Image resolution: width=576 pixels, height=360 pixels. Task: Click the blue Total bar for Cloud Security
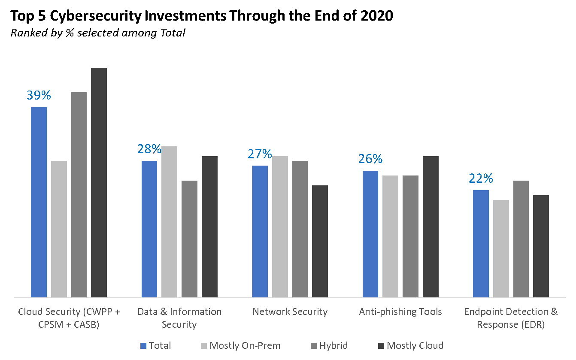[x=39, y=202]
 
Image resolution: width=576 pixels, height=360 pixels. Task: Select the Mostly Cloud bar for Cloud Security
[x=99, y=182]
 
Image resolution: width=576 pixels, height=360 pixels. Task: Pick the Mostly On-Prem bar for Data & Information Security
[x=169, y=221]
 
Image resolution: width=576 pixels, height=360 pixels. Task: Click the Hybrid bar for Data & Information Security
[x=189, y=239]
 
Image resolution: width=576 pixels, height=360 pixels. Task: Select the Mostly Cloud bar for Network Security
[x=320, y=241]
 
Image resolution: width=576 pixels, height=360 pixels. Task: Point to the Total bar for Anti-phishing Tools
[x=370, y=234]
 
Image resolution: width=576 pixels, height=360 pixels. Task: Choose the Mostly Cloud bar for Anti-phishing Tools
[x=430, y=227]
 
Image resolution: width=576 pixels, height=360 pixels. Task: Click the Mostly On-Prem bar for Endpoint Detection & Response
[x=501, y=248]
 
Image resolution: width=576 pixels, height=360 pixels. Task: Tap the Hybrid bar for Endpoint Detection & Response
[x=521, y=239]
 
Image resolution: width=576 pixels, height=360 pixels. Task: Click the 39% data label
[x=39, y=95]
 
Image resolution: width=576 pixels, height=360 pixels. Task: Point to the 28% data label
[x=149, y=149]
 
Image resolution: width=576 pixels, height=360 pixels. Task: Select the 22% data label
[x=481, y=178]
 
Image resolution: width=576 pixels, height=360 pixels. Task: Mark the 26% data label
[x=370, y=159]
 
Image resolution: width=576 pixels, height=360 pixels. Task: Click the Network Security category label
[x=290, y=312]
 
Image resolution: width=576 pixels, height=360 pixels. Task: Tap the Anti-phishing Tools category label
[x=400, y=312]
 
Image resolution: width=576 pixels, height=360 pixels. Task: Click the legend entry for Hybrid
[x=329, y=345]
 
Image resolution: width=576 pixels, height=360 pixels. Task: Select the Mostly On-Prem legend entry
[x=240, y=345]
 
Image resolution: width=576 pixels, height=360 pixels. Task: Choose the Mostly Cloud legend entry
[x=410, y=345]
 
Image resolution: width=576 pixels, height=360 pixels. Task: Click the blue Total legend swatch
[x=144, y=345]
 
